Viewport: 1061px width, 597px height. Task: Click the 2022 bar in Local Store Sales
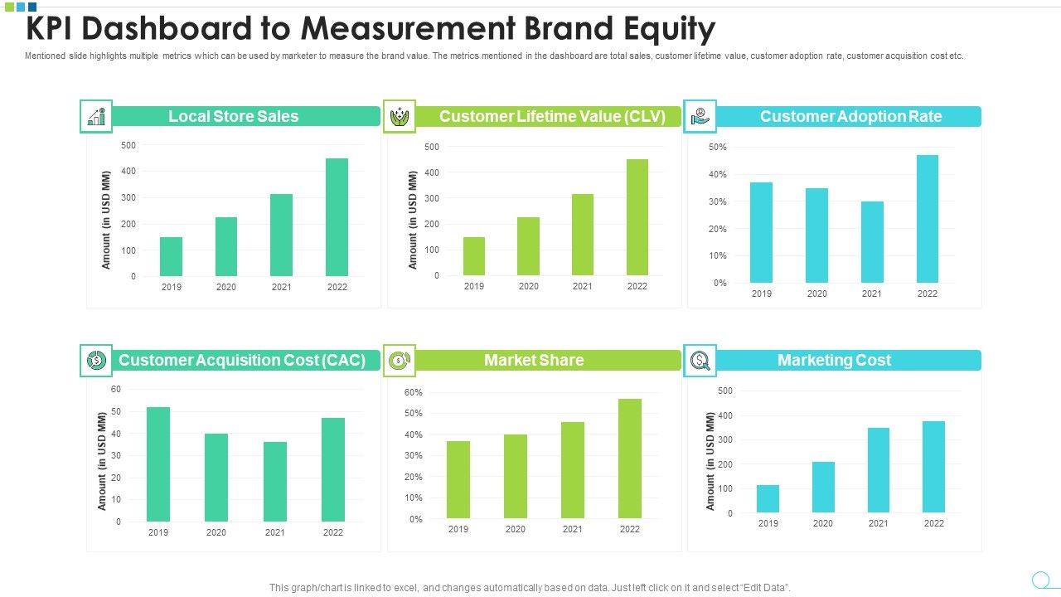pyautogui.click(x=337, y=217)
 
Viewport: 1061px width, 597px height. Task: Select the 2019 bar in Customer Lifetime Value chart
pyautogui.click(x=473, y=256)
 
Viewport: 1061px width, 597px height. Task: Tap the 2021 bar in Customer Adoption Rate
pyautogui.click(x=871, y=242)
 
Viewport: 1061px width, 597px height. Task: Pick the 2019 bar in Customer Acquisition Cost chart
pyautogui.click(x=157, y=464)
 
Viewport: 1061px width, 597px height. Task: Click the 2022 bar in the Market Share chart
pyautogui.click(x=629, y=459)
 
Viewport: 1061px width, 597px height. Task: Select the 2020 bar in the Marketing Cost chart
pyautogui.click(x=823, y=487)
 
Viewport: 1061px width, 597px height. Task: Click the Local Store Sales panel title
pyautogui.click(x=234, y=116)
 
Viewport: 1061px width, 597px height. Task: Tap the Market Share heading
pyautogui.click(x=534, y=360)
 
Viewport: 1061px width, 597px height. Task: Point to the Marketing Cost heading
pyautogui.click(x=834, y=360)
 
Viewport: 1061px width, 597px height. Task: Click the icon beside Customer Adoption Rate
pyautogui.click(x=700, y=116)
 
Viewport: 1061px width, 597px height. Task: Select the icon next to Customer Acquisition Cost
pyautogui.click(x=96, y=360)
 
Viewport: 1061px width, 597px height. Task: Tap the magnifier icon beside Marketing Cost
pyautogui.click(x=700, y=360)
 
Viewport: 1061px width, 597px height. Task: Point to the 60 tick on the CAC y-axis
pyautogui.click(x=115, y=390)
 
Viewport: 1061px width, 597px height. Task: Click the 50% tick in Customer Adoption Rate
pyautogui.click(x=718, y=147)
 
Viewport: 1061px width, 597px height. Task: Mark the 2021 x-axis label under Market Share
pyautogui.click(x=572, y=529)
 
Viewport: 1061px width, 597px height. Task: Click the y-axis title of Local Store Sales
pyautogui.click(x=106, y=220)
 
